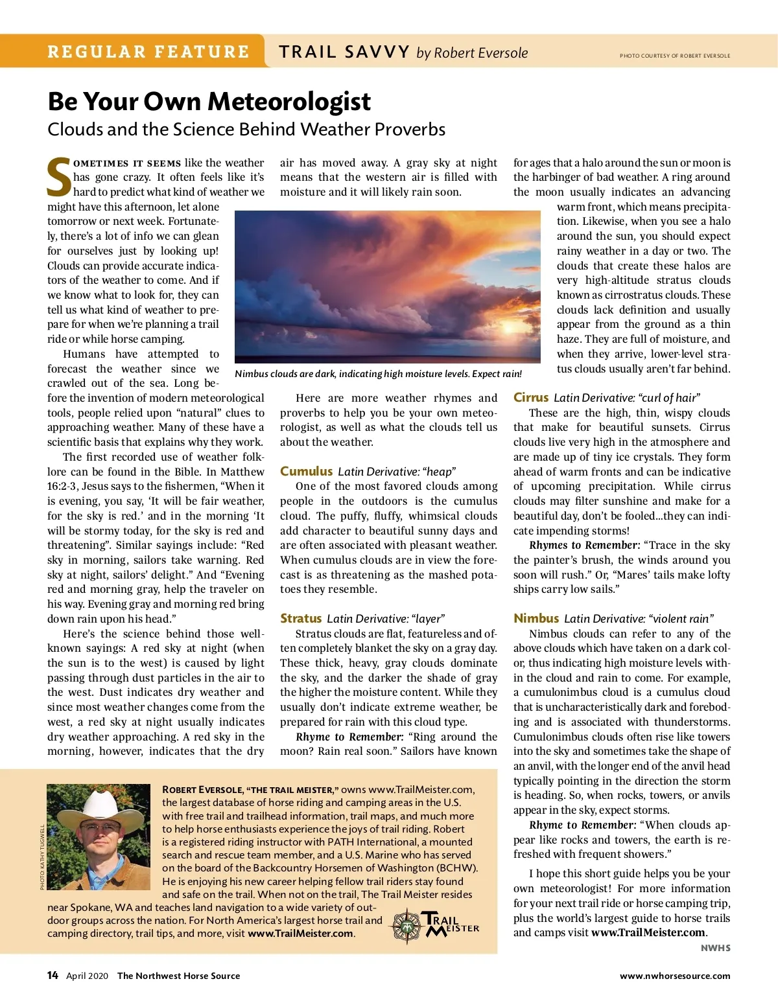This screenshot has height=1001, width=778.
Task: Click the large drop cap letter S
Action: pos(59,177)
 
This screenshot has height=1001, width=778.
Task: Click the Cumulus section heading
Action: pos(306,471)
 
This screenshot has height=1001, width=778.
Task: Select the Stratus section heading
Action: pos(301,618)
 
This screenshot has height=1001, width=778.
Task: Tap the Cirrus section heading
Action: pos(531,397)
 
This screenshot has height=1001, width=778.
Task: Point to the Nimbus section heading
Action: pos(536,618)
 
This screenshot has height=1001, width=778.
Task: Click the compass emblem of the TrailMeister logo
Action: pos(407,926)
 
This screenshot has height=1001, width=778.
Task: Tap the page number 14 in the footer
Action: pos(53,975)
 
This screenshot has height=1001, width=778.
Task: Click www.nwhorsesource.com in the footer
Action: pos(674,976)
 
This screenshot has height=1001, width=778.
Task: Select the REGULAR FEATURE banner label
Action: pos(148,52)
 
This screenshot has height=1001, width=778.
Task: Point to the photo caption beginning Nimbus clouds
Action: pos(378,374)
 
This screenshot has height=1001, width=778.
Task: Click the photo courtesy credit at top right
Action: pos(674,56)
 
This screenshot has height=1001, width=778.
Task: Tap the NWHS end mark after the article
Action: pos(715,948)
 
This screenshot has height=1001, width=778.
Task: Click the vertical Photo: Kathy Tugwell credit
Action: pos(42,857)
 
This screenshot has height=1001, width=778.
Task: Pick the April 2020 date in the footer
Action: pos(87,976)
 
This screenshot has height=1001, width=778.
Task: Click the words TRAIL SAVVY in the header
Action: pos(344,52)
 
